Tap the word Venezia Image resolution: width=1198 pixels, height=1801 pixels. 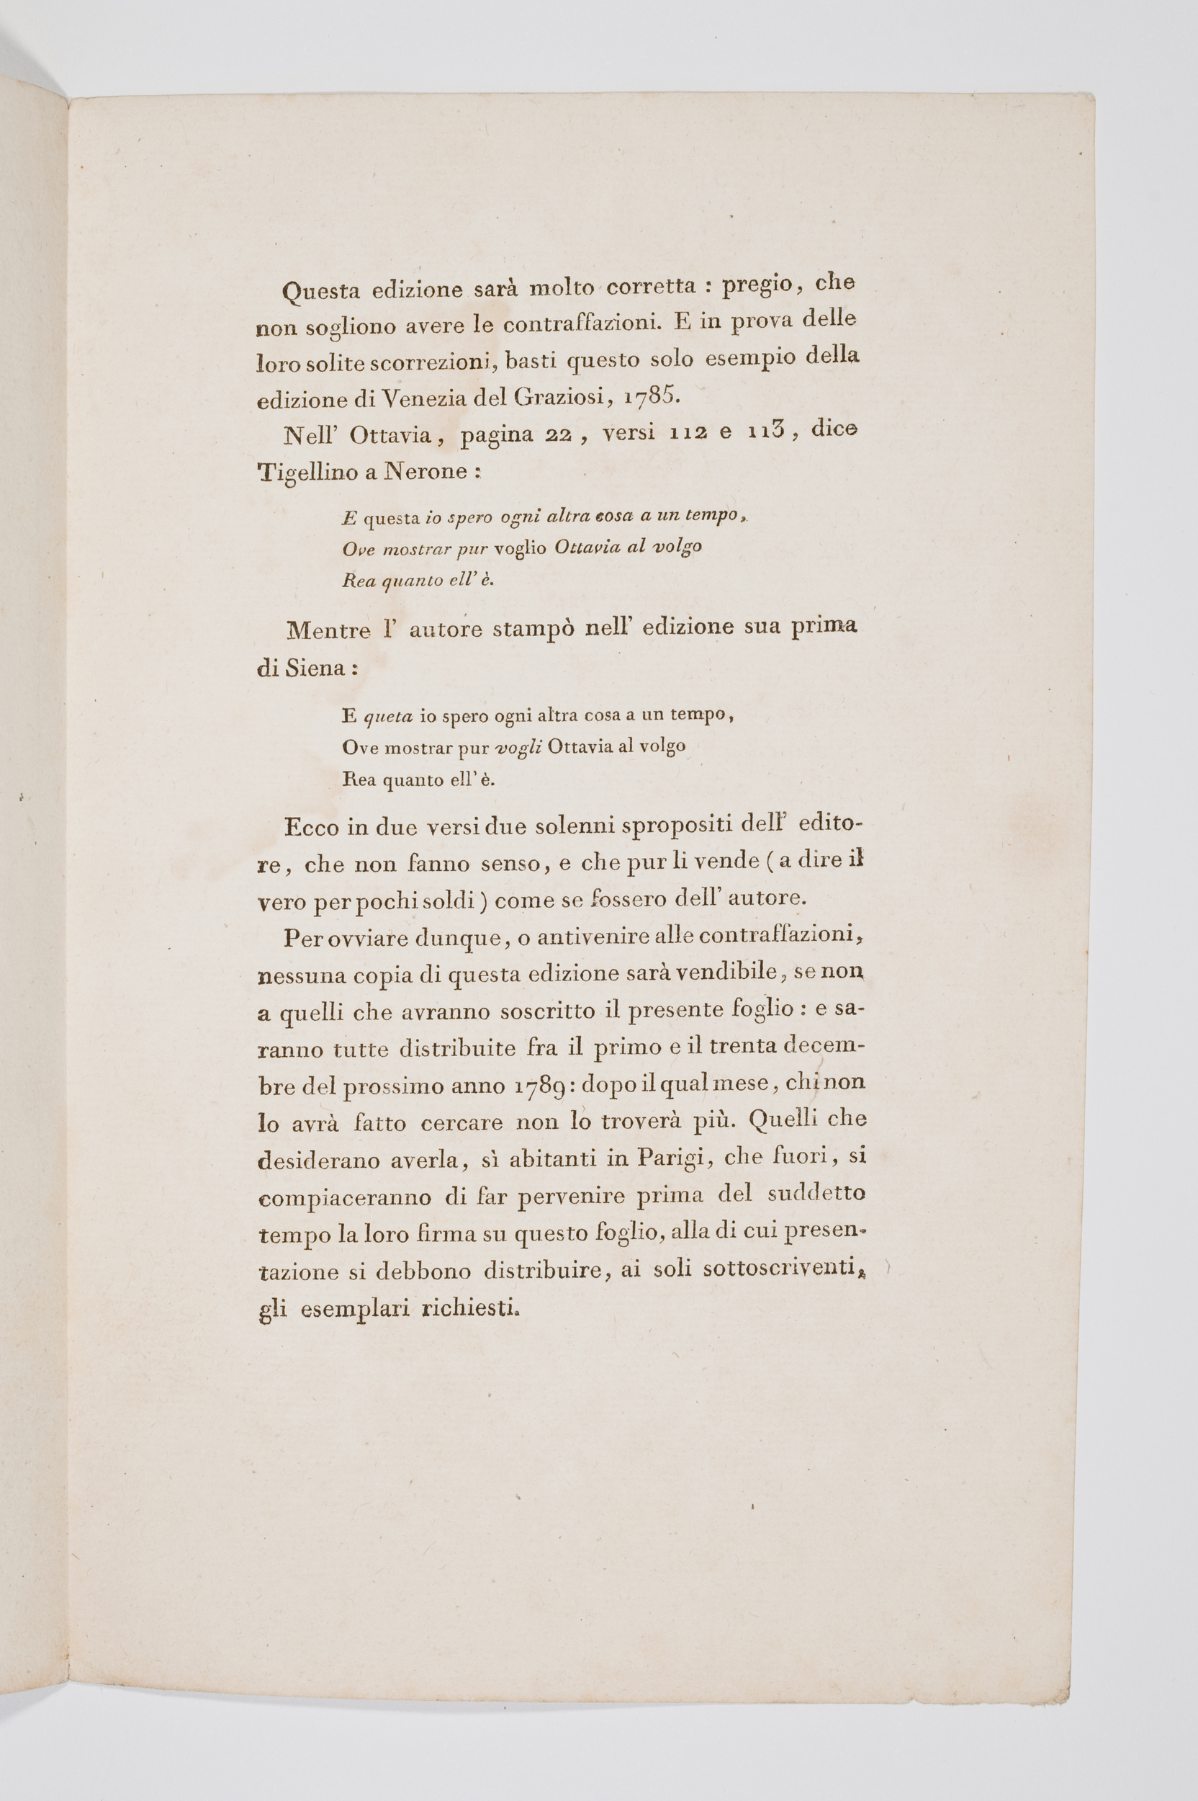point(420,398)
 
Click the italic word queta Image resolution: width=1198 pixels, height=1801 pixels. point(389,716)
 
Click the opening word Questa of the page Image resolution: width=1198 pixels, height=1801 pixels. point(320,290)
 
